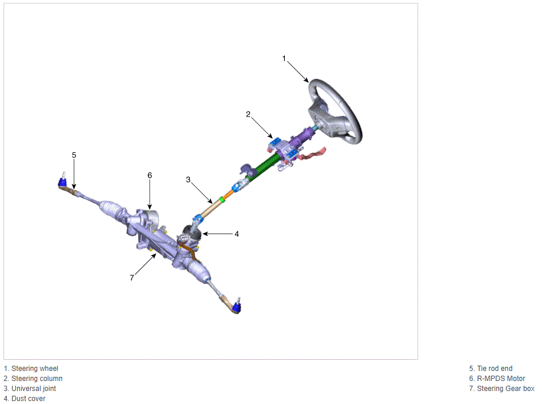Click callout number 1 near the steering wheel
pyautogui.click(x=284, y=58)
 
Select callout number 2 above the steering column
pyautogui.click(x=248, y=114)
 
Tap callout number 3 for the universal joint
pyautogui.click(x=188, y=180)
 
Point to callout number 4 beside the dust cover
pyautogui.click(x=236, y=234)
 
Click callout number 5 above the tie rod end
pyautogui.click(x=74, y=155)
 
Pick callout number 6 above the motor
pyautogui.click(x=150, y=176)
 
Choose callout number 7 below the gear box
pyautogui.click(x=132, y=278)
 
